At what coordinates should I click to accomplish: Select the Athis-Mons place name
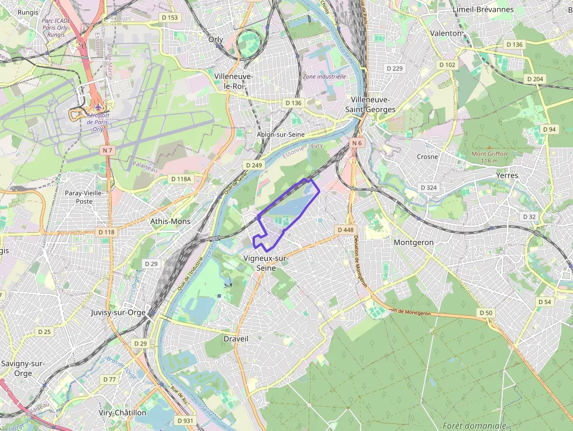pyautogui.click(x=170, y=221)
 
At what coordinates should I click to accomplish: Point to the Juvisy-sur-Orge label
pyautogui.click(x=118, y=312)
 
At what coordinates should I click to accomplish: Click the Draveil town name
pyautogui.click(x=236, y=339)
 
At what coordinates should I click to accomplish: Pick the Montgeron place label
pyautogui.click(x=414, y=242)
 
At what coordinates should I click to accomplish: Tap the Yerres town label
pyautogui.click(x=507, y=175)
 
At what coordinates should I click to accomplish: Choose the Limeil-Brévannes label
pyautogui.click(x=483, y=9)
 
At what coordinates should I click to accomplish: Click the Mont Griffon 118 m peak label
pyautogui.click(x=489, y=157)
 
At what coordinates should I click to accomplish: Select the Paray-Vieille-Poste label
pyautogui.click(x=84, y=197)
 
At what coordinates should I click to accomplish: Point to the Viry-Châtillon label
pyautogui.click(x=123, y=412)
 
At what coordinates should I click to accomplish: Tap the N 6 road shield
pyautogui.click(x=357, y=143)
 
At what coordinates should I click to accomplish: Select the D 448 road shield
pyautogui.click(x=346, y=230)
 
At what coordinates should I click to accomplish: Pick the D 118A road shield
pyautogui.click(x=181, y=178)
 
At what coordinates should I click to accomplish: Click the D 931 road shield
pyautogui.click(x=185, y=420)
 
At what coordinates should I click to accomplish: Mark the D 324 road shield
pyautogui.click(x=429, y=188)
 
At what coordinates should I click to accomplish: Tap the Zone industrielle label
pyautogui.click(x=325, y=76)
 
